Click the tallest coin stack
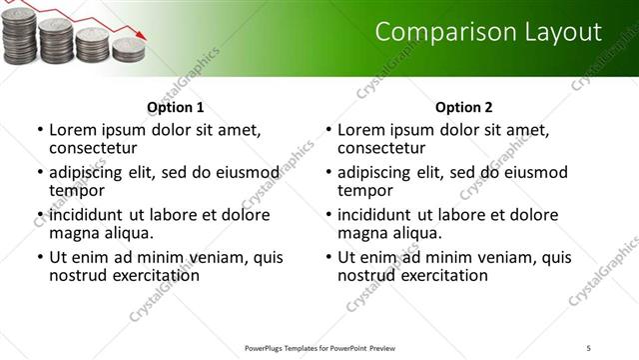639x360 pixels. point(20,38)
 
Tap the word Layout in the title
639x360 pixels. point(565,32)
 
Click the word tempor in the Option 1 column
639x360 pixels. point(77,190)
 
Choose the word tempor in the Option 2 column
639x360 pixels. point(365,190)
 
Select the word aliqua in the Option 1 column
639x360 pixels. point(127,233)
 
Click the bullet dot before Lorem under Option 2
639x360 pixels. point(328,131)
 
